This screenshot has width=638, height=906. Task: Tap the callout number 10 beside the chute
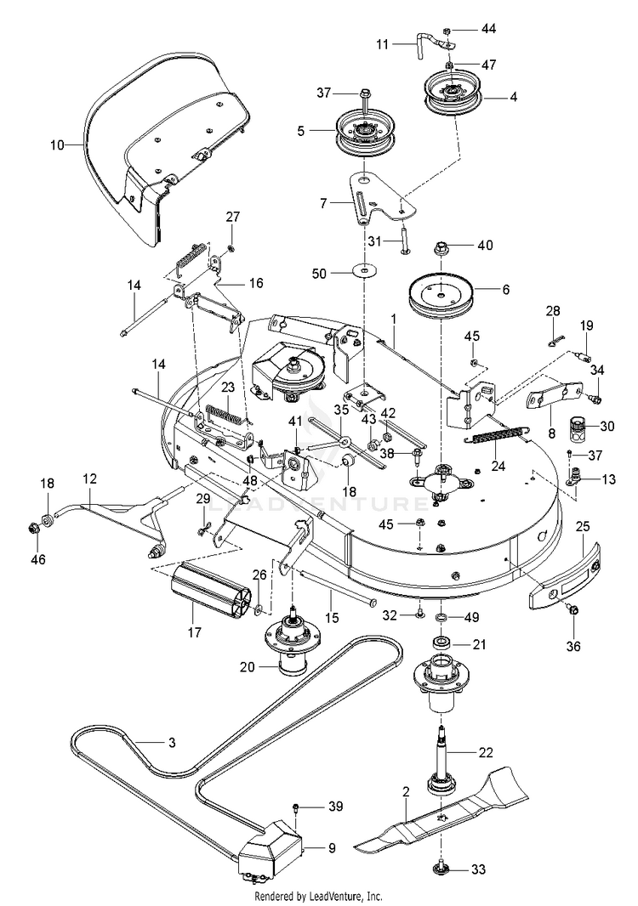[57, 145]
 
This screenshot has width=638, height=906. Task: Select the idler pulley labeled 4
[453, 94]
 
